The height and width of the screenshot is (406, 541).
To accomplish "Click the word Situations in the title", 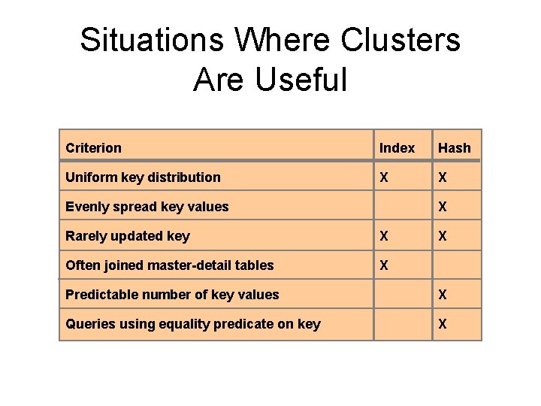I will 152,41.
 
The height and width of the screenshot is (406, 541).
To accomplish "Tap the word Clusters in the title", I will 400,41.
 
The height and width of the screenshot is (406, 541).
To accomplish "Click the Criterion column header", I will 93,148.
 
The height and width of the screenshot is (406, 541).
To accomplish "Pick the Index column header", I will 397,148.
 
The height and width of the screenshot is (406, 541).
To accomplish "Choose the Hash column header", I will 455,148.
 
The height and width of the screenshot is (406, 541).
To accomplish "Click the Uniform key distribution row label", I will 143,177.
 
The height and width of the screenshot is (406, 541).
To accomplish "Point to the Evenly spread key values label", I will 147,207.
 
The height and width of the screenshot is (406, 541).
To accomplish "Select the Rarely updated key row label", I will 128,236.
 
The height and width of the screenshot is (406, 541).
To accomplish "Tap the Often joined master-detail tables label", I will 170,265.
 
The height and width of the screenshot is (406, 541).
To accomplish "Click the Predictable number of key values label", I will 172,295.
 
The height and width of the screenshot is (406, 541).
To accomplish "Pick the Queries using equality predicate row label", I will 193,324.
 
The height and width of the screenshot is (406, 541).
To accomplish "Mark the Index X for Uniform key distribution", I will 385,177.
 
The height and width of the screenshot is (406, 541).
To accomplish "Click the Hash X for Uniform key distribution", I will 443,177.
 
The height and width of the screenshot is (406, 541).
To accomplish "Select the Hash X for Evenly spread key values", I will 443,207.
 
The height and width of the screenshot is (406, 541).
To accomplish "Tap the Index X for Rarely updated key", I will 385,236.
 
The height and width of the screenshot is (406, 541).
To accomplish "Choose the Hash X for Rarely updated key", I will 443,236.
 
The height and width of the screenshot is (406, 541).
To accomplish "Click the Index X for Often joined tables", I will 385,265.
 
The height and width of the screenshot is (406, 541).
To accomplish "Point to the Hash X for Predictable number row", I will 443,295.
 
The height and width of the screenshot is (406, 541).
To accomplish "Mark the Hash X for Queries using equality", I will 443,324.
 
